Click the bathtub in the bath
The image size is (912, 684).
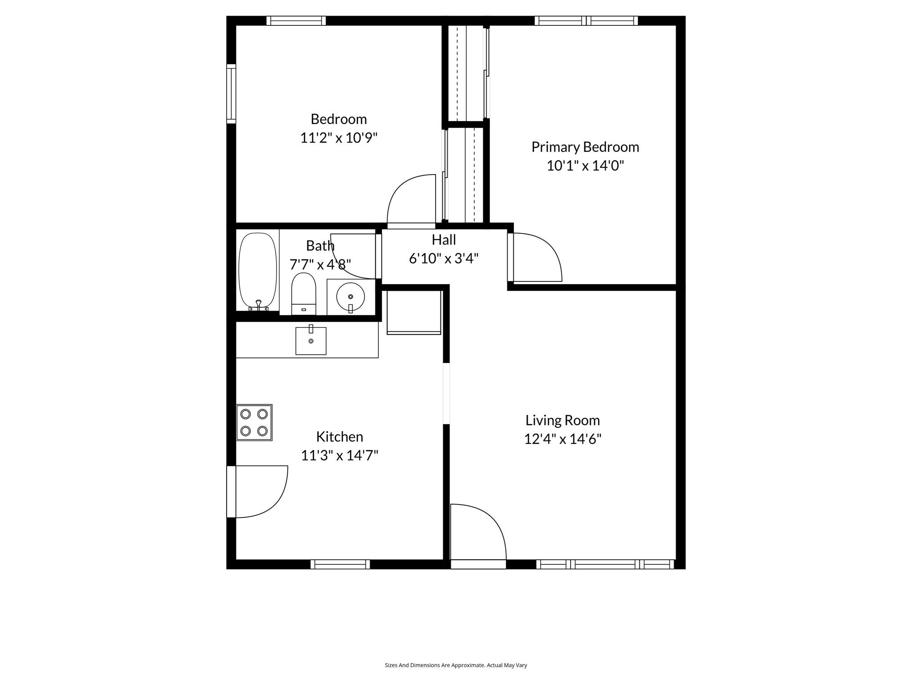(x=257, y=270)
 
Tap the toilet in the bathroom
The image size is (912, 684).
(x=304, y=294)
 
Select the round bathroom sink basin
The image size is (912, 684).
(x=350, y=297)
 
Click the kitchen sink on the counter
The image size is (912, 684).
(x=311, y=341)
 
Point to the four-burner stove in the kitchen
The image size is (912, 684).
(x=254, y=423)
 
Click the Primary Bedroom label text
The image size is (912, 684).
(x=585, y=147)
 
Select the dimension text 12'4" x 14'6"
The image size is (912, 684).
(x=562, y=439)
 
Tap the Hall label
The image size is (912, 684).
(x=444, y=240)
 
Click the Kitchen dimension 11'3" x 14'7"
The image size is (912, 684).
(x=339, y=456)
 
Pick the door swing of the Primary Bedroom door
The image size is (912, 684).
(x=537, y=258)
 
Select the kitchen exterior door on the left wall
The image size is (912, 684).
(x=258, y=491)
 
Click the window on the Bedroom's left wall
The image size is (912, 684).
(x=231, y=94)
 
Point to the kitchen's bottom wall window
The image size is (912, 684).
(x=340, y=564)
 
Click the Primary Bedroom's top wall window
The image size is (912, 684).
(x=586, y=20)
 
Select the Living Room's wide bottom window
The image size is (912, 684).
(x=605, y=564)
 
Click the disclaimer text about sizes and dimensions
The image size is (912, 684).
(x=456, y=665)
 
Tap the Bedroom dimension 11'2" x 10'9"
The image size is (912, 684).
(x=338, y=138)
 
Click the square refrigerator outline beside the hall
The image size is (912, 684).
(x=414, y=312)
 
